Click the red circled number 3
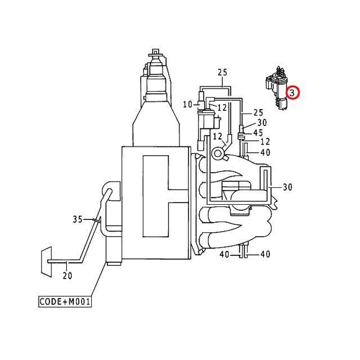tap(293, 92)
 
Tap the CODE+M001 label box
tap(65, 301)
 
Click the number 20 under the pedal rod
tap(67, 275)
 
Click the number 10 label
tap(187, 104)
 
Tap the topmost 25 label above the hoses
tap(222, 73)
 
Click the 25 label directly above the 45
tap(258, 113)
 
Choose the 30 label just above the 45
tap(262, 123)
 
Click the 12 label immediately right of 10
tap(222, 107)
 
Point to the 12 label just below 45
tap(265, 142)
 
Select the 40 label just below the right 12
tap(265, 152)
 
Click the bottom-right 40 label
tap(265, 254)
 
